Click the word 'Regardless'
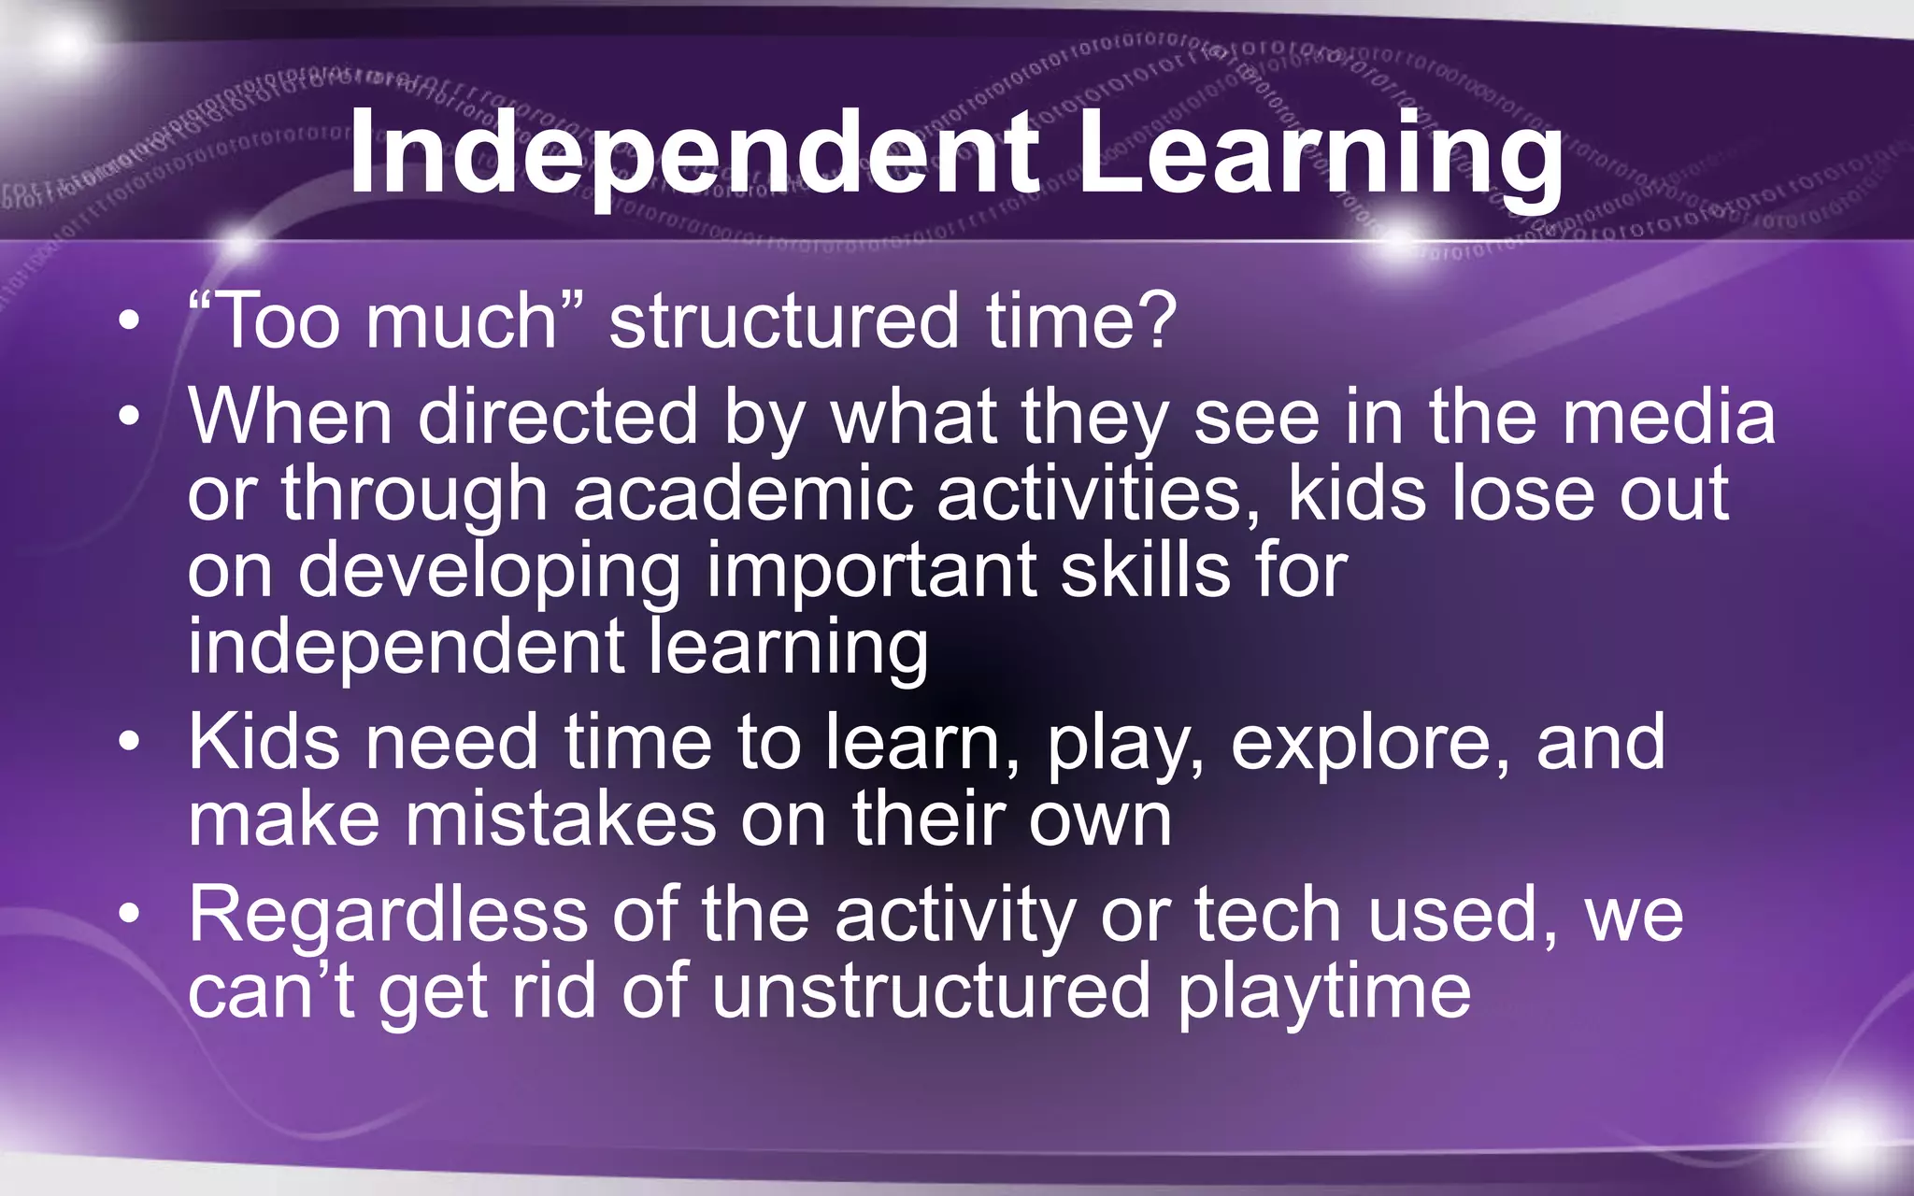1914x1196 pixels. coord(388,916)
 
